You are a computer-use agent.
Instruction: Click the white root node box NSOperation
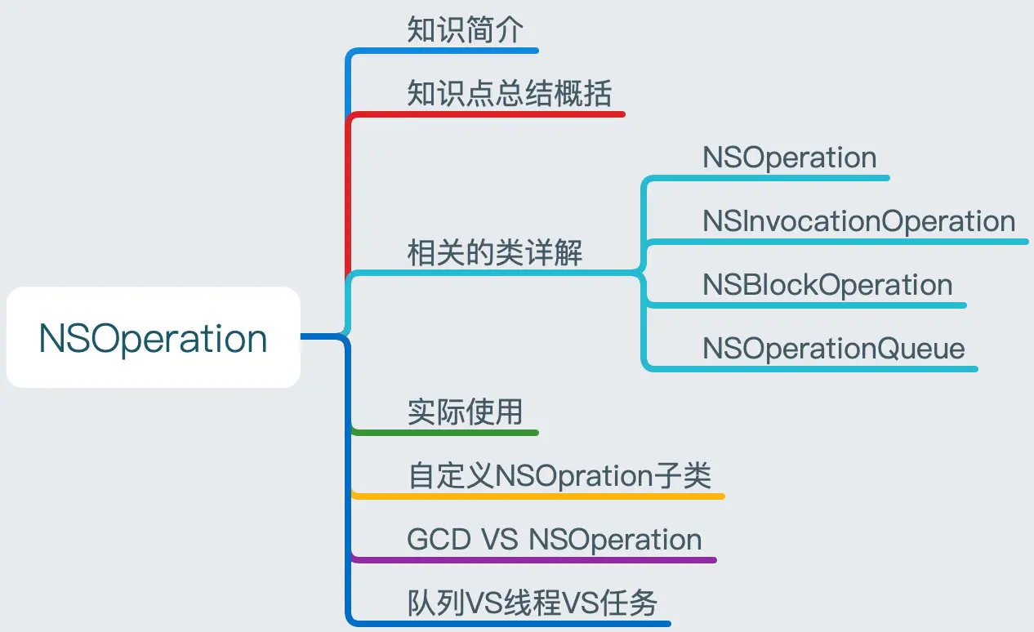tap(154, 337)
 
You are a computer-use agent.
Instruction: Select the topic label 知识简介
tap(466, 29)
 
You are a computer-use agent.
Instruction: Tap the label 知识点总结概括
tap(509, 93)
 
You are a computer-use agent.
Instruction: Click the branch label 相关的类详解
tap(495, 252)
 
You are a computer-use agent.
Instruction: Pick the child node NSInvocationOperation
tap(858, 221)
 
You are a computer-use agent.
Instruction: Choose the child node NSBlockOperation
tap(827, 284)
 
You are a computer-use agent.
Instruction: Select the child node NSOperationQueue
tap(834, 348)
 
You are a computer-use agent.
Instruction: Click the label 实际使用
tap(466, 412)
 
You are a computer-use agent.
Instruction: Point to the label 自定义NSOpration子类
tap(560, 475)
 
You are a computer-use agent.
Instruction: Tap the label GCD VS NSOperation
tap(555, 539)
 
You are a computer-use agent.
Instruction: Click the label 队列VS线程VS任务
tap(533, 603)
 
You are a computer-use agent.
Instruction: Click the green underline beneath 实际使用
tap(445, 433)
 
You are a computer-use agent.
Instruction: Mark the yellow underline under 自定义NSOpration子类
tap(538, 496)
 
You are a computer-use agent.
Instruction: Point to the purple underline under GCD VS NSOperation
tap(534, 560)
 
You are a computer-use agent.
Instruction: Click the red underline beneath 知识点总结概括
tap(487, 114)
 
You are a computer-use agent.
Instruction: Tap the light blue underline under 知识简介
tap(443, 51)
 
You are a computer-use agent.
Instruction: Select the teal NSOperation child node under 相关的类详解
tap(789, 158)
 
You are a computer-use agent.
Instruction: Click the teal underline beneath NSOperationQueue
tap(813, 369)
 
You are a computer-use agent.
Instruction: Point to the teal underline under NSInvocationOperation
tap(838, 242)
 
